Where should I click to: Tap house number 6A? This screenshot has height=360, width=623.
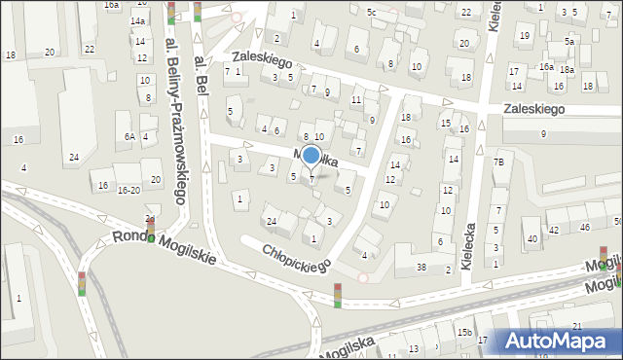pyautogui.click(x=128, y=137)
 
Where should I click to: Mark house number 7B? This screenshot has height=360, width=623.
pyautogui.click(x=498, y=162)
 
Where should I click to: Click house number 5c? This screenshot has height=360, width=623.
pyautogui.click(x=371, y=12)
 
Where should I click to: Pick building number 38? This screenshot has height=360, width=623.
pyautogui.click(x=421, y=268)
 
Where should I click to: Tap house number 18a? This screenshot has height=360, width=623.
pyautogui.click(x=566, y=71)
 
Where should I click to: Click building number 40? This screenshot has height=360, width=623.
pyautogui.click(x=531, y=238)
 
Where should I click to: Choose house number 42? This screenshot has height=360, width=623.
pyautogui.click(x=554, y=230)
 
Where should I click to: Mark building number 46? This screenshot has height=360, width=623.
pyautogui.click(x=585, y=227)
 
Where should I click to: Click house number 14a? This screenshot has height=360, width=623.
pyautogui.click(x=139, y=21)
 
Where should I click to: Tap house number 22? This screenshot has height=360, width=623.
pyautogui.click(x=467, y=12)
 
